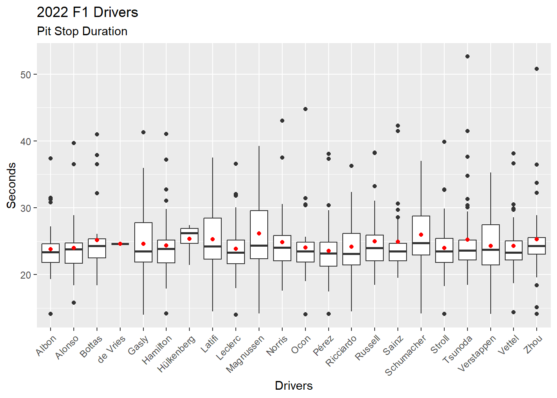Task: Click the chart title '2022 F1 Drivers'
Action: (x=87, y=12)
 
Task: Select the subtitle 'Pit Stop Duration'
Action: (x=82, y=32)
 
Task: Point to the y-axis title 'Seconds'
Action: (x=12, y=185)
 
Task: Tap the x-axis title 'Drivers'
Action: (x=293, y=386)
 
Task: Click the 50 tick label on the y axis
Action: (x=26, y=75)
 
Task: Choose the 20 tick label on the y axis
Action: (x=26, y=275)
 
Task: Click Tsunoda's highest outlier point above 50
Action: (x=467, y=56)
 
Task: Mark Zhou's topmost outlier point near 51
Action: (x=537, y=69)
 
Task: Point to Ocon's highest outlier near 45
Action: (x=305, y=109)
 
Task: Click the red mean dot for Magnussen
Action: (x=259, y=233)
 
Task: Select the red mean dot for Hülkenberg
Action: (x=189, y=239)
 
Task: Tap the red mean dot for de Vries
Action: (x=120, y=244)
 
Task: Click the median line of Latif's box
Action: (x=213, y=246)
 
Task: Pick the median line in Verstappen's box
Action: (x=491, y=250)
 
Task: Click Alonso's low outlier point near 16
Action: (x=74, y=303)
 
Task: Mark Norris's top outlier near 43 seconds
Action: (x=282, y=121)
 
